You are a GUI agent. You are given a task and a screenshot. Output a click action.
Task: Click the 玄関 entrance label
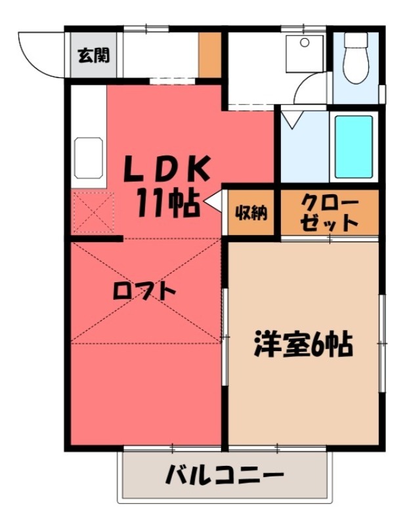click(95, 55)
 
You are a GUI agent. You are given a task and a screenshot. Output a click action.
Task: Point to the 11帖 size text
click(167, 204)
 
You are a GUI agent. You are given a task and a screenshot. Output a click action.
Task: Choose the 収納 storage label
click(251, 213)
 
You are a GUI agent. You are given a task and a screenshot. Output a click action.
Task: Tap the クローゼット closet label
click(330, 212)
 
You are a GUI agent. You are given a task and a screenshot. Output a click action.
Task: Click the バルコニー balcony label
click(224, 474)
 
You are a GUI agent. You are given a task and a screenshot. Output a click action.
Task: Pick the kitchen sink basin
click(89, 157)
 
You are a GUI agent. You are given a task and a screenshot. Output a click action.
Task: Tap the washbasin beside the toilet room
click(306, 52)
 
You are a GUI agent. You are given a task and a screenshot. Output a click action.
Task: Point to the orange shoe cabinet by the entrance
click(210, 53)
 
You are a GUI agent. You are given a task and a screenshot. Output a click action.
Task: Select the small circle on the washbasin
click(305, 43)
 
